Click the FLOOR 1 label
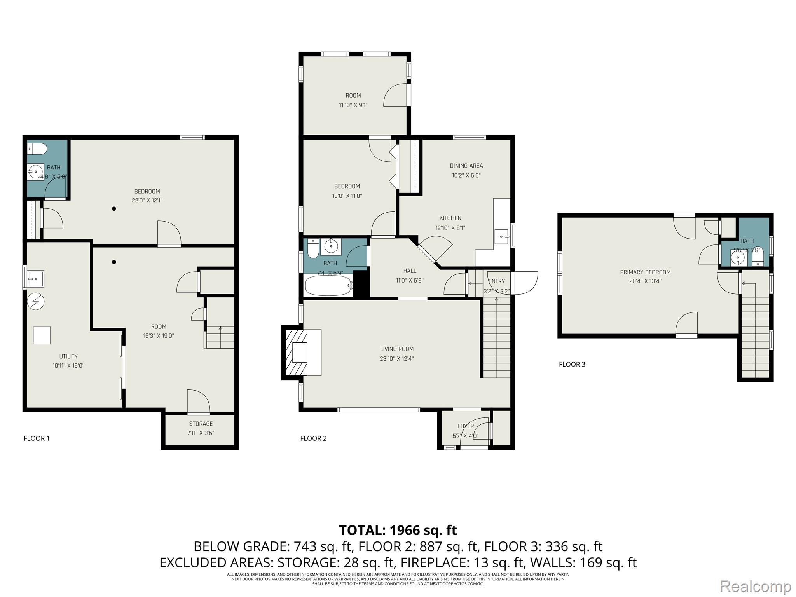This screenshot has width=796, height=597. [37, 438]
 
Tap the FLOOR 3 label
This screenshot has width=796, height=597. [572, 364]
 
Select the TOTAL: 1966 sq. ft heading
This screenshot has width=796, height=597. [398, 530]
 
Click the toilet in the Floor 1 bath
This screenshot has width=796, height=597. [37, 149]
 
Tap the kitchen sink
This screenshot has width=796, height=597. [501, 236]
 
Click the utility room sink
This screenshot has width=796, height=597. [36, 278]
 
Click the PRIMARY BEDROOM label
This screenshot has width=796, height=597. [645, 272]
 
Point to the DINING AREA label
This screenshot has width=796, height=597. [466, 166]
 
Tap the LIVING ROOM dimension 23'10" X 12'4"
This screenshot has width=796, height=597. [396, 359]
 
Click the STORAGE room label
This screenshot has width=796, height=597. [201, 424]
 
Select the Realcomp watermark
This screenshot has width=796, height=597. [755, 586]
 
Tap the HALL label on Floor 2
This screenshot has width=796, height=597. [409, 271]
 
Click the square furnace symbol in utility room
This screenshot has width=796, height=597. [42, 335]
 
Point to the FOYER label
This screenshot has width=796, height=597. [465, 426]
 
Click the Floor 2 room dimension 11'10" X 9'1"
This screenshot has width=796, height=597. [353, 105]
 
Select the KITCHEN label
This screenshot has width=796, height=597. [450, 218]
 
